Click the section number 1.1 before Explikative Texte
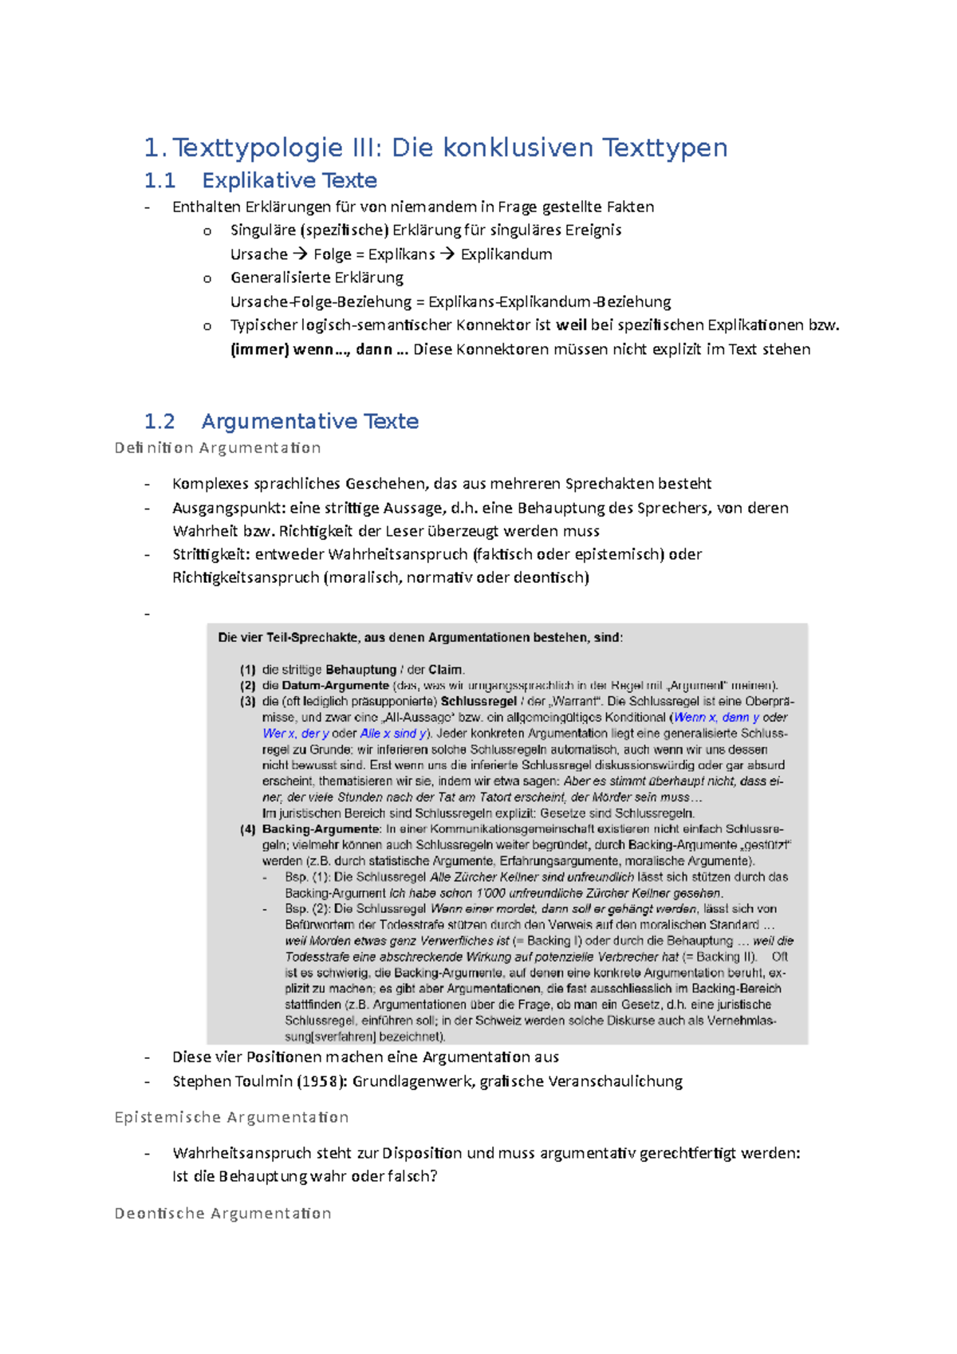[159, 181]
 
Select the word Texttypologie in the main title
[257, 148]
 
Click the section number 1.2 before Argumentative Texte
[159, 421]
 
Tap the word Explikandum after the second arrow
[506, 254]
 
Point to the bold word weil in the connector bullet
[571, 325]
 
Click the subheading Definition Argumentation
[218, 448]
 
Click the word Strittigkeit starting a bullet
[210, 554]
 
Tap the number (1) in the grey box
[248, 670]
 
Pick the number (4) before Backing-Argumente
[248, 829]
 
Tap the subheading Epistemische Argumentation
[231, 1117]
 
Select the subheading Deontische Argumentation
[223, 1214]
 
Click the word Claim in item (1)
[445, 670]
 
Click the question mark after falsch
[433, 1176]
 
